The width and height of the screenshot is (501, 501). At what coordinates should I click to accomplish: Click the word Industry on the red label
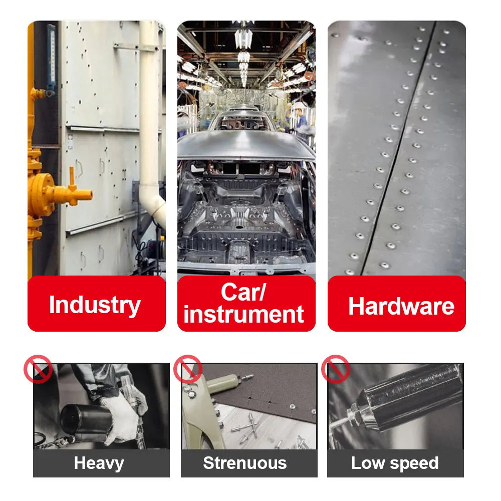[95, 305]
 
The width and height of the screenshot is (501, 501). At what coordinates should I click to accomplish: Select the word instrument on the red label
[243, 314]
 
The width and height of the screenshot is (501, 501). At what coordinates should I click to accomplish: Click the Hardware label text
[401, 306]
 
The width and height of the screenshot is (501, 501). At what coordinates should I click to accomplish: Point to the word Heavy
[99, 463]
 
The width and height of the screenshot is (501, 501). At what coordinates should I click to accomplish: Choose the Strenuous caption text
[245, 463]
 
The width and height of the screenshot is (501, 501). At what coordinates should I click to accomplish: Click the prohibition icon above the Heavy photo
[38, 369]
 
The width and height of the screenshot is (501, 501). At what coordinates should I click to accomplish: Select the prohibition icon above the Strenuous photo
[188, 369]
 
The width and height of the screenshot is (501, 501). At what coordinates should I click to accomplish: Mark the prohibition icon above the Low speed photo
[335, 369]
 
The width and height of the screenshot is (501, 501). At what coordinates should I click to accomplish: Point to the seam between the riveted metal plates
[398, 150]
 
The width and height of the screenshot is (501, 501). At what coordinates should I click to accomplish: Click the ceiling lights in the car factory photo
[243, 50]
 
